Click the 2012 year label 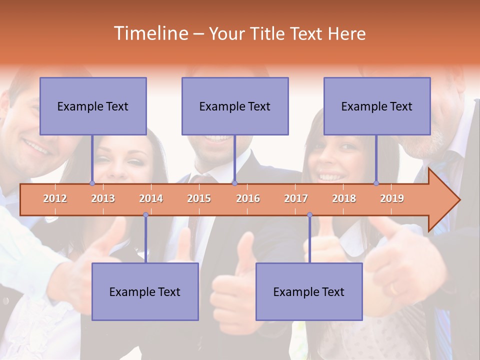55,198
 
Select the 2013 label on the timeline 103,198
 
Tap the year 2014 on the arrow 151,198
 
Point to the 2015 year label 199,198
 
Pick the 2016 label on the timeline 248,198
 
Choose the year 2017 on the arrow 296,198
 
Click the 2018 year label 344,198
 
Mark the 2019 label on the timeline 392,198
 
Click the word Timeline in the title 149,33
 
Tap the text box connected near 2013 93,106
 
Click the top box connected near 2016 235,106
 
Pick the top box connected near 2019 377,106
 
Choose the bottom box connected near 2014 145,291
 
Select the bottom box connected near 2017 309,291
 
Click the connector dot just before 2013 92,183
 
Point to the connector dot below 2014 145,215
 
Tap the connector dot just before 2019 376,183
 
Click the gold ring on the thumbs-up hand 394,289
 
